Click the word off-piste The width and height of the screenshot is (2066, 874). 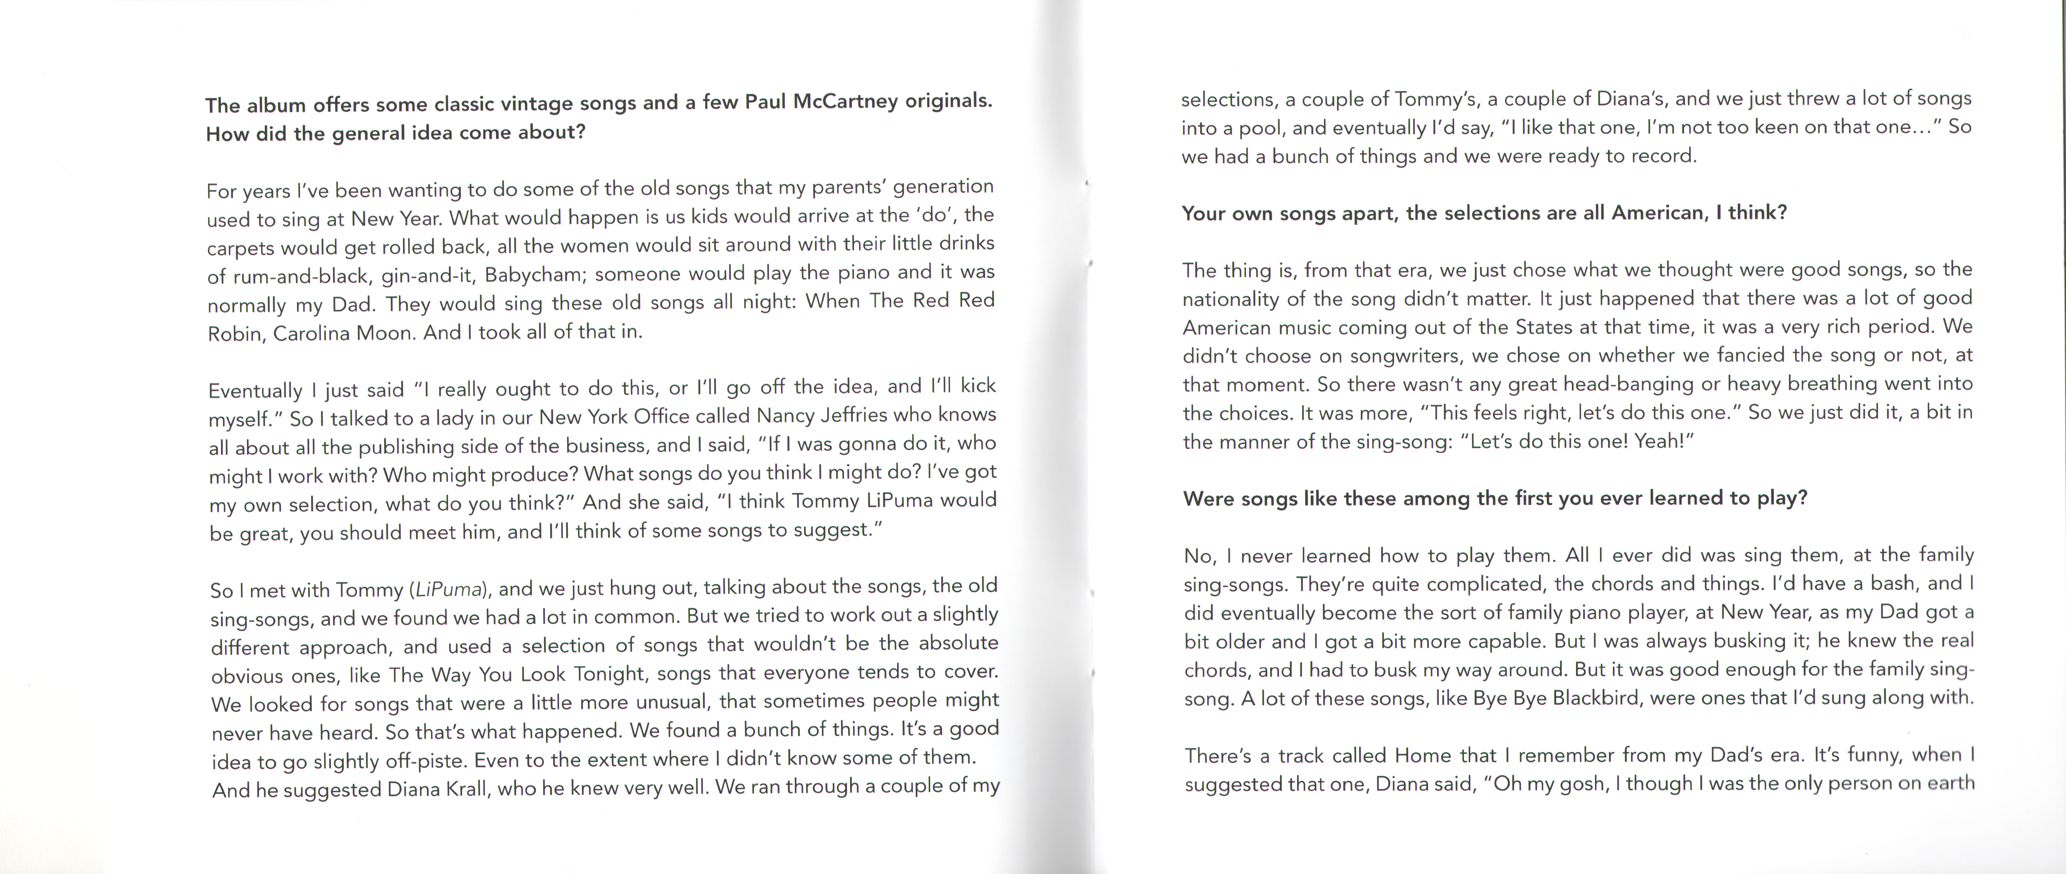[x=425, y=760]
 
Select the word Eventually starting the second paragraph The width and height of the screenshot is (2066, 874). [x=255, y=390]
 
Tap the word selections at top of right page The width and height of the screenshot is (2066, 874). [x=1228, y=100]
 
